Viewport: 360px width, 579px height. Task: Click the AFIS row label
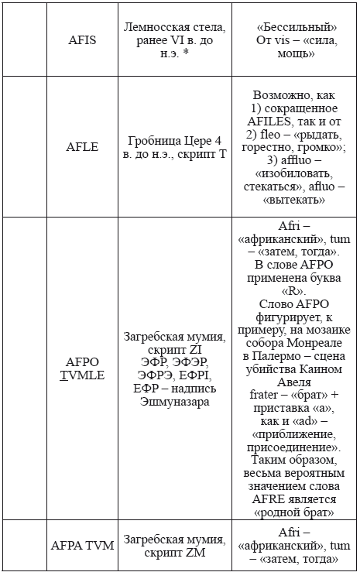pos(82,39)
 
